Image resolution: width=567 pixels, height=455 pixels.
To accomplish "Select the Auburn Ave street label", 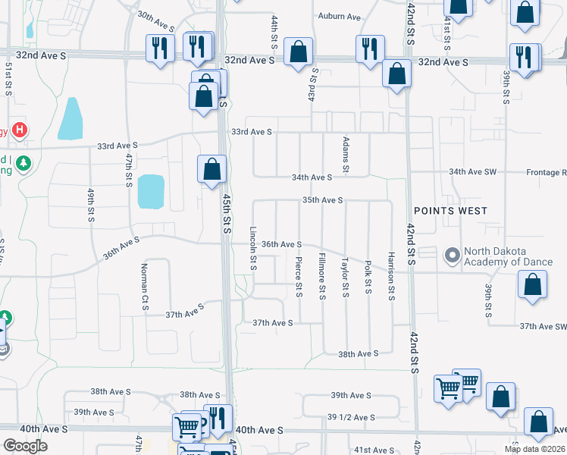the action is click(x=339, y=16).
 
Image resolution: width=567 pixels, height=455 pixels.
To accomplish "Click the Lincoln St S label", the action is click(x=254, y=249).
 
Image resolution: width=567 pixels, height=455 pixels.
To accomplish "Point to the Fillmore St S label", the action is click(x=322, y=275).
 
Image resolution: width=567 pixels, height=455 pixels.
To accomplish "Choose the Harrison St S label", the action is click(x=391, y=276).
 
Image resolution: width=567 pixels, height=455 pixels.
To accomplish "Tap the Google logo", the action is click(x=25, y=446).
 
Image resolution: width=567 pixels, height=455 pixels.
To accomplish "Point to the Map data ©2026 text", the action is click(x=534, y=449).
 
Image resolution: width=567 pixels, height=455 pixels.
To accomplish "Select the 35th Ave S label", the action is click(x=323, y=200).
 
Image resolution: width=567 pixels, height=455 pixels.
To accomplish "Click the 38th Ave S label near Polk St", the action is click(x=358, y=354).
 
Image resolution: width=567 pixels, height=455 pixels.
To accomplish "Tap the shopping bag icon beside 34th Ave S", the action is click(x=212, y=169).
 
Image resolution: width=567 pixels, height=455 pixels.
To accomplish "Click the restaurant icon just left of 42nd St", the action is click(x=370, y=49).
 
